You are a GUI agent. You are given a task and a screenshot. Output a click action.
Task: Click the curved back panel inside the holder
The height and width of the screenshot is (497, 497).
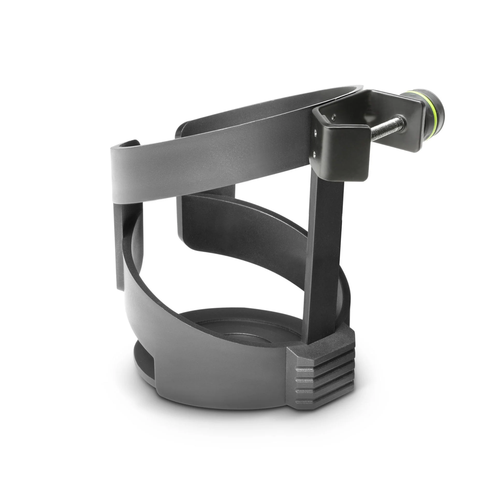(233, 228)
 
